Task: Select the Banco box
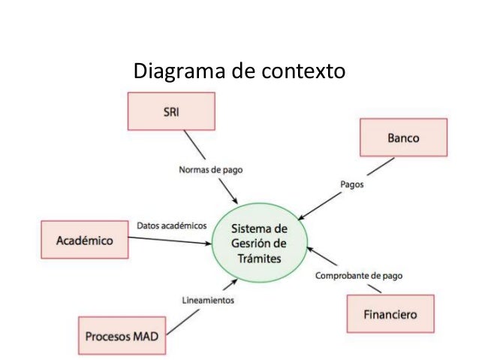click(x=403, y=139)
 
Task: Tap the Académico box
click(x=85, y=241)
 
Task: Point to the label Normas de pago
click(x=210, y=169)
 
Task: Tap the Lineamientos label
click(x=208, y=300)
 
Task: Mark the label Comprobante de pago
click(x=359, y=275)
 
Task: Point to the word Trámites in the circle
click(x=259, y=259)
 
